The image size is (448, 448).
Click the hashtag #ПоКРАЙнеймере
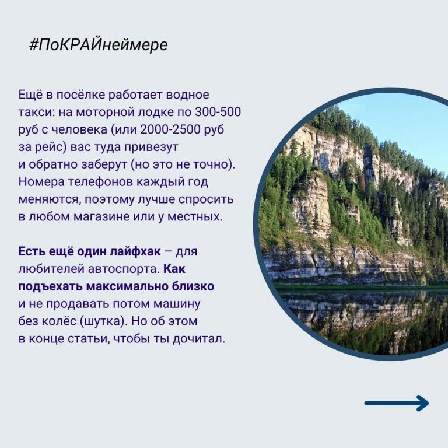pyautogui.click(x=98, y=45)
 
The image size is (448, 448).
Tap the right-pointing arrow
pyautogui.click(x=397, y=403)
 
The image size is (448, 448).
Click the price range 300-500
pyautogui.click(x=218, y=112)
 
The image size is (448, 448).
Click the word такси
pyautogui.click(x=37, y=112)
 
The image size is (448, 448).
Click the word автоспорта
pyautogui.click(x=124, y=269)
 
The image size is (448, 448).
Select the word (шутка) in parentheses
pyautogui.click(x=104, y=321)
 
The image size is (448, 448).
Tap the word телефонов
pyautogui.click(x=100, y=182)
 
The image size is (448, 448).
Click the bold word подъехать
pyautogui.click(x=51, y=286)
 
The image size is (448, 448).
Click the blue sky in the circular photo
pyautogui.click(x=411, y=120)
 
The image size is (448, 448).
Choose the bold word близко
pyautogui.click(x=193, y=286)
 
